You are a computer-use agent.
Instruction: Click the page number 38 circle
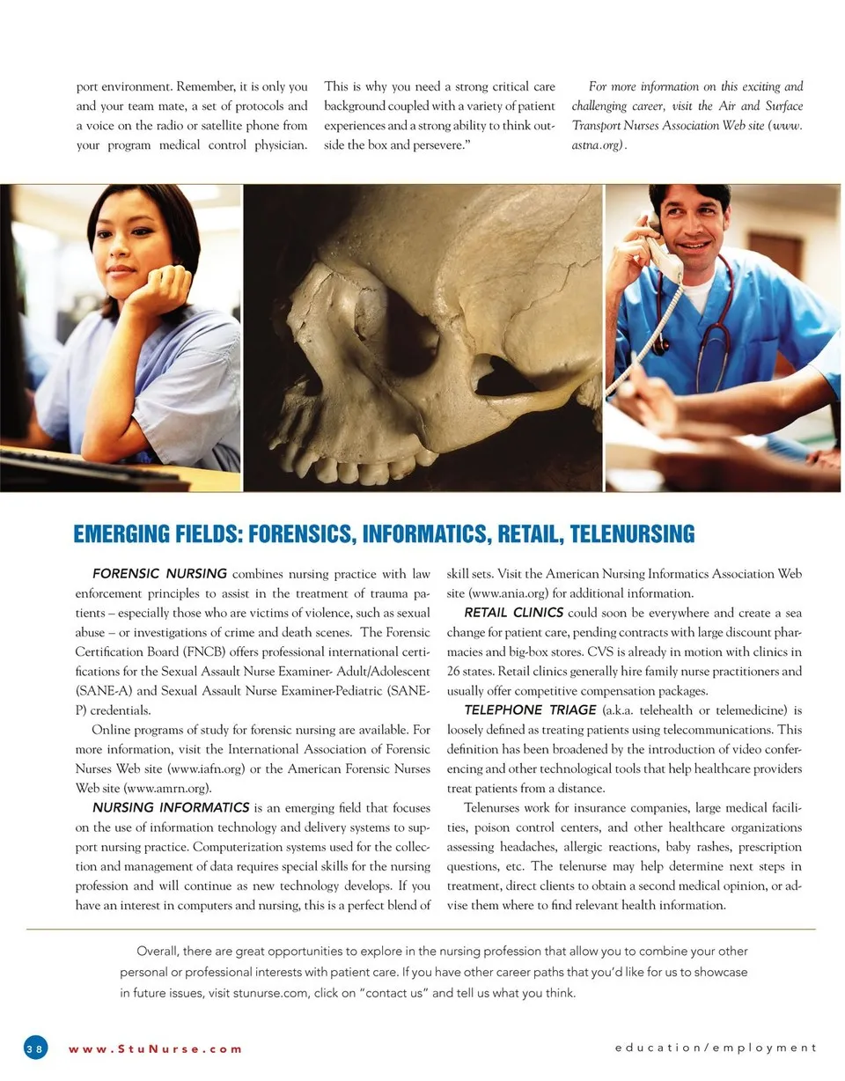coord(35,1048)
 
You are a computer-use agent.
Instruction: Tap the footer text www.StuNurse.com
coord(155,1048)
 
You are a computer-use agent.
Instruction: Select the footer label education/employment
coord(716,1048)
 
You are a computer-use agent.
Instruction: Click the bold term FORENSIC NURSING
coord(159,575)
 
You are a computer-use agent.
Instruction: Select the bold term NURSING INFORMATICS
coord(171,807)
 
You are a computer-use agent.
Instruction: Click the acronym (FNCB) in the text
coord(216,651)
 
